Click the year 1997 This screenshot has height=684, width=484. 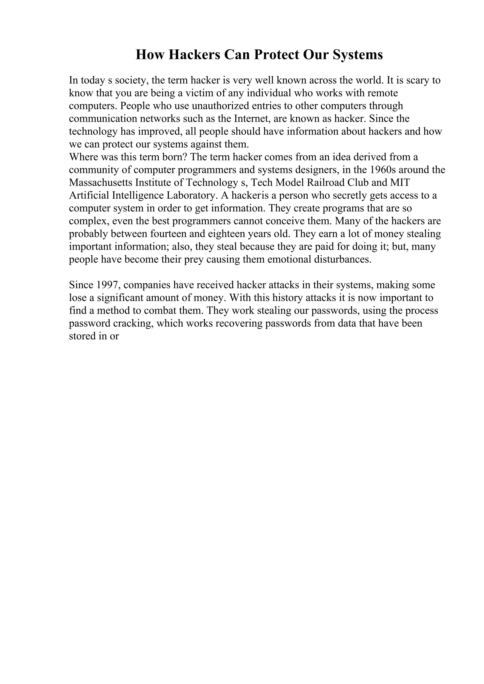(107, 285)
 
